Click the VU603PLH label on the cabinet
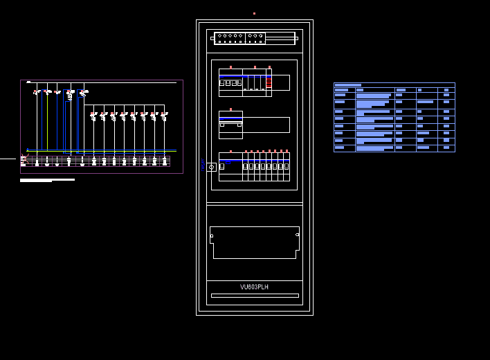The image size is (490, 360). click(254, 287)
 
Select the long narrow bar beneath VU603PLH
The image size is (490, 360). click(255, 296)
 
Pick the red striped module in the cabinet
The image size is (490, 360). click(269, 82)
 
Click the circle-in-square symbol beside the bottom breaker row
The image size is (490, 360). click(211, 167)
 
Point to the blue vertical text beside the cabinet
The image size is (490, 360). click(203, 164)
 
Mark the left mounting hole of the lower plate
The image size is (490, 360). click(212, 235)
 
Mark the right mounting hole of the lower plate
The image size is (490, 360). click(298, 235)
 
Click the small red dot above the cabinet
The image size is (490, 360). click(254, 13)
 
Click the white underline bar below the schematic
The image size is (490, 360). click(47, 180)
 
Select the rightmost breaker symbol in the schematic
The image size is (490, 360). click(164, 116)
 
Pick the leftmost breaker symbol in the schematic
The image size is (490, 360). click(37, 92)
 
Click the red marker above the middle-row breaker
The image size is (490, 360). click(230, 109)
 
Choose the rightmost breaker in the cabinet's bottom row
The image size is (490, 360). click(286, 166)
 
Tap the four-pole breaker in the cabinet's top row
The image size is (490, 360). click(230, 82)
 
